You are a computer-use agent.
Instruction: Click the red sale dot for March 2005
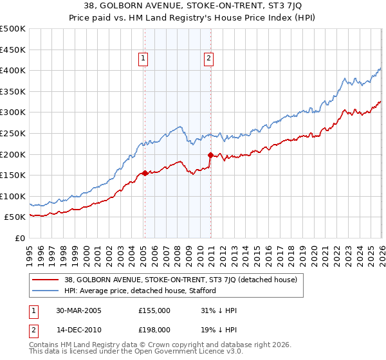click(x=145, y=172)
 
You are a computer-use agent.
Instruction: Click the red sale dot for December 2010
click(x=210, y=154)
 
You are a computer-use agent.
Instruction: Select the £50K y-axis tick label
click(x=15, y=217)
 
